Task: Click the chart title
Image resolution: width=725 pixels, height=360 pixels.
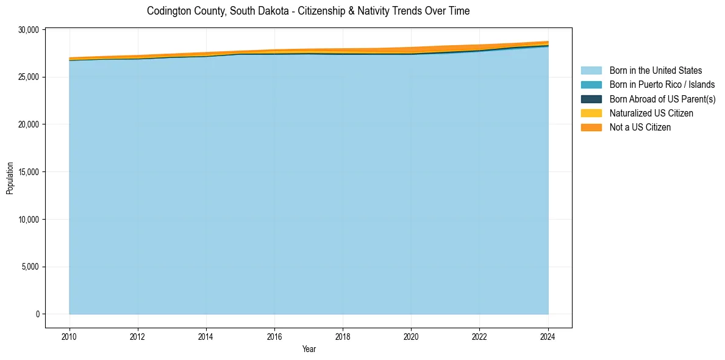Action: point(308,11)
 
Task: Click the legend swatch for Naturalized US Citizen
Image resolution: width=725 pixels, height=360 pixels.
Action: point(591,113)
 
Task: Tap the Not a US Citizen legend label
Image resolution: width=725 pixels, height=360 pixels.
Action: point(640,128)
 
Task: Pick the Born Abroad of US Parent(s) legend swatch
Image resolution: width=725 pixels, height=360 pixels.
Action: point(591,99)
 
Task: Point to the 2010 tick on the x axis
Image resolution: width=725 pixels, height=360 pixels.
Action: point(70,336)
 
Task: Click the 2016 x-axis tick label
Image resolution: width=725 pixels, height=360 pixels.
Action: point(274,336)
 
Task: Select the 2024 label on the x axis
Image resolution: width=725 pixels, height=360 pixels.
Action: point(548,336)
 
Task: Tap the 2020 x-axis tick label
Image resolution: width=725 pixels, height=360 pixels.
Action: point(411,336)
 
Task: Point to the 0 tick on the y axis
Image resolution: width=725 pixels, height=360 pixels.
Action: point(37,314)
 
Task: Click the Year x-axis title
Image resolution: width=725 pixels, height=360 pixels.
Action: point(309,349)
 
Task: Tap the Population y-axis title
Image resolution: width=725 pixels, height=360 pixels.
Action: point(10,178)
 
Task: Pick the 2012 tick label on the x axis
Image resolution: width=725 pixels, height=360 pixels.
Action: point(138,336)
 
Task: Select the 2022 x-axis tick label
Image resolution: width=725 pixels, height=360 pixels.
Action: point(479,336)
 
